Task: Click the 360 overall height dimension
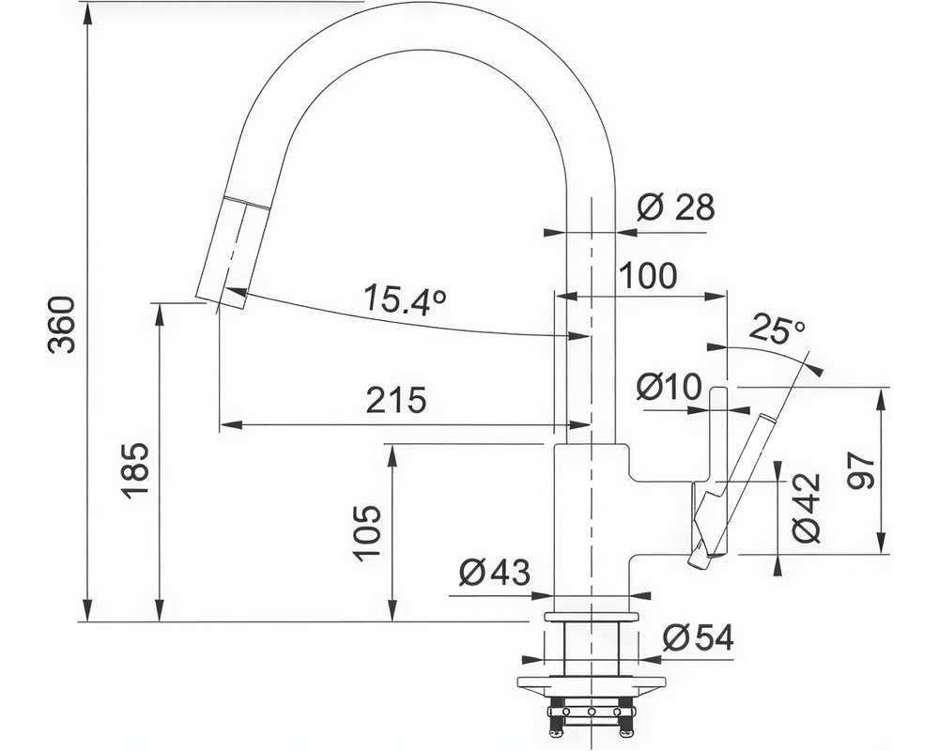point(62,324)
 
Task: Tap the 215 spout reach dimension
point(396,400)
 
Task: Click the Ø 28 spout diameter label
point(676,207)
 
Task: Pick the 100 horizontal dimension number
point(648,275)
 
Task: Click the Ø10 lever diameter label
point(669,386)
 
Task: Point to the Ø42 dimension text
point(806,508)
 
